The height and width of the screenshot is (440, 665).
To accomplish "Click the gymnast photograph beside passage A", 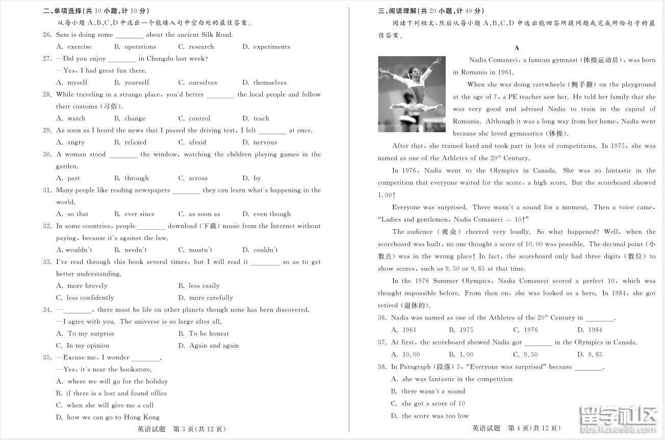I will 412,94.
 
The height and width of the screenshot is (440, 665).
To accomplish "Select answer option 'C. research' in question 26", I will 196,46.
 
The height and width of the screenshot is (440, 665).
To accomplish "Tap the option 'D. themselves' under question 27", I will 264,82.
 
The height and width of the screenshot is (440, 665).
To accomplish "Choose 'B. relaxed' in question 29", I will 130,142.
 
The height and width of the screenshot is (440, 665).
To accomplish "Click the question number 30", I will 47,154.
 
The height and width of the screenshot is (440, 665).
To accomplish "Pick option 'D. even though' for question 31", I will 266,214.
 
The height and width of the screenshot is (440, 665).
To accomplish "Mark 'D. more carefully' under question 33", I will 206,298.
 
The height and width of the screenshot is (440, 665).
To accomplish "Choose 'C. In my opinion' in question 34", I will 82,346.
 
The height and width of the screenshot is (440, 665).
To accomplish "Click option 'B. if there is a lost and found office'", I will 111,393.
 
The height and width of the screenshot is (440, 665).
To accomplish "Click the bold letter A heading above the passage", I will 517,48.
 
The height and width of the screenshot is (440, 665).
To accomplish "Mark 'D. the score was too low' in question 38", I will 429,415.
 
